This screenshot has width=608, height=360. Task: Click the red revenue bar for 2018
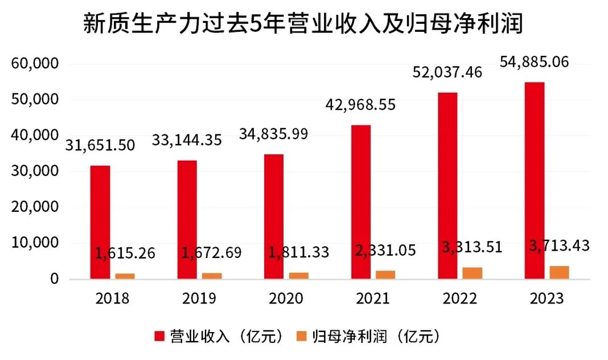click(x=100, y=222)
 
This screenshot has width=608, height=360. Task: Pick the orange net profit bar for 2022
click(x=473, y=273)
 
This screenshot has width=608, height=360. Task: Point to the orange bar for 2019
click(x=212, y=276)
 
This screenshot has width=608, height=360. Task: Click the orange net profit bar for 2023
click(x=559, y=273)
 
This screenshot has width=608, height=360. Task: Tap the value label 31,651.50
click(x=100, y=145)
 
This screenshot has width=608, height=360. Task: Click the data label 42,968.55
click(x=360, y=105)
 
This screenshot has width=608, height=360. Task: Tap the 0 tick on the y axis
click(x=54, y=279)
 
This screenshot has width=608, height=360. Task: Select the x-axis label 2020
click(x=286, y=298)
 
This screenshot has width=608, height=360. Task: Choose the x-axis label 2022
click(x=460, y=298)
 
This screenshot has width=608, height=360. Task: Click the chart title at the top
click(x=303, y=24)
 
